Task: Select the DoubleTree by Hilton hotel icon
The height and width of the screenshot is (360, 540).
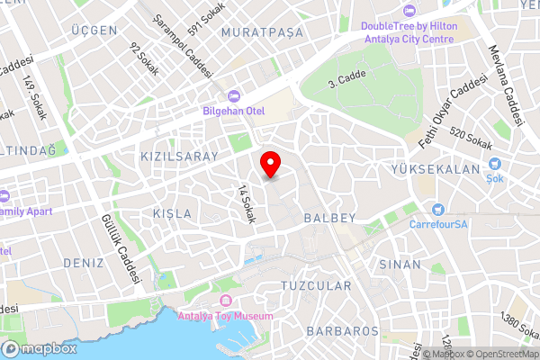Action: (409, 12)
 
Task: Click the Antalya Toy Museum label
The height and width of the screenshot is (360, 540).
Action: (225, 315)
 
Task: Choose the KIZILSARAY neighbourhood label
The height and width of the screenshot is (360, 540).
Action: (179, 157)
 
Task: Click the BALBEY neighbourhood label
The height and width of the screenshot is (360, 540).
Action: (330, 218)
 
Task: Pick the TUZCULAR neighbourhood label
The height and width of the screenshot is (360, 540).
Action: (316, 285)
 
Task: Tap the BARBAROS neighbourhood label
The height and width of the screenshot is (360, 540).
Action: (342, 331)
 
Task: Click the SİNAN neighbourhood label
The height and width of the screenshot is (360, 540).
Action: (400, 265)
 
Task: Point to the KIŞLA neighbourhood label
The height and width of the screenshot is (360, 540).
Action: (172, 213)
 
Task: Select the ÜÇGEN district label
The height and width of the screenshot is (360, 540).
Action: (95, 31)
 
